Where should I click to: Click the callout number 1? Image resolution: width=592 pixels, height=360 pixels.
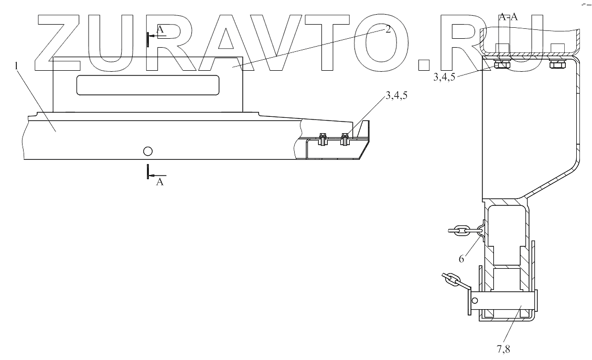[x=18, y=67]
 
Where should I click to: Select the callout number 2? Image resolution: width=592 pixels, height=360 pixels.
[x=388, y=30]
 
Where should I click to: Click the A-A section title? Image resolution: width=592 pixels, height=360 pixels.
[x=508, y=17]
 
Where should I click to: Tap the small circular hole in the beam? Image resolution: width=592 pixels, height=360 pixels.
[x=147, y=151]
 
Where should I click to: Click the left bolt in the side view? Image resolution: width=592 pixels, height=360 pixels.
[x=322, y=139]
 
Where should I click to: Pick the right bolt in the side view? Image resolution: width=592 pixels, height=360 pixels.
[x=345, y=139]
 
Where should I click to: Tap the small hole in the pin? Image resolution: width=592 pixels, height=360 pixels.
[x=475, y=301]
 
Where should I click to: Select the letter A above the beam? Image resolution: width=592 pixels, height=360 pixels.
[x=160, y=30]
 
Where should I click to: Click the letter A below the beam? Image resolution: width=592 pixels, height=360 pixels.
[x=160, y=182]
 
